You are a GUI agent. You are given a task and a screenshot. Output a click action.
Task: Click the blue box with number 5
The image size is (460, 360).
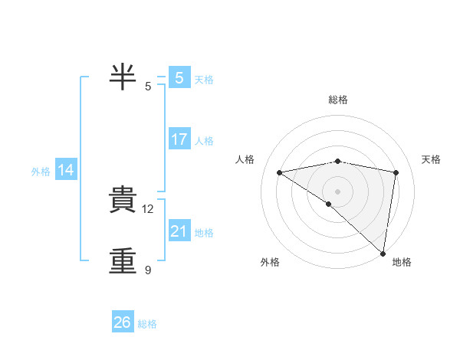pos(179,77)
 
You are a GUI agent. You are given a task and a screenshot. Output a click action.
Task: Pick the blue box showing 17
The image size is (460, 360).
pos(179,139)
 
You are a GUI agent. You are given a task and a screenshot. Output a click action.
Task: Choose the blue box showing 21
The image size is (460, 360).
pos(179,231)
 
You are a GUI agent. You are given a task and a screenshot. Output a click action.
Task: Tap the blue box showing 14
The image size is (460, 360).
pos(66,171)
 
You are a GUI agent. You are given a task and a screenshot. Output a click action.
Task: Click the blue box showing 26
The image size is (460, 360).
pos(123,322)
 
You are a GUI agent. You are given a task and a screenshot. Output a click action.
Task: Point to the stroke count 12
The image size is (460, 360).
pos(149,208)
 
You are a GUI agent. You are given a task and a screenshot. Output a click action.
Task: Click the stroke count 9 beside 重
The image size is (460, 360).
pos(148,270)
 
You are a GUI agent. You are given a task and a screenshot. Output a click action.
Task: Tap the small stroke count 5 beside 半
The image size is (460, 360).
pos(148,86)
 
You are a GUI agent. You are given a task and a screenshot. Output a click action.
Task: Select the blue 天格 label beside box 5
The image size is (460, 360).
pos(204,79)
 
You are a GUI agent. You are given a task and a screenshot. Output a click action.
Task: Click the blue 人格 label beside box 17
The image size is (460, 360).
pos(204,141)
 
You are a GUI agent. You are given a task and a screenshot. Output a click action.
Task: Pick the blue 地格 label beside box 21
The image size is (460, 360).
pos(204,233)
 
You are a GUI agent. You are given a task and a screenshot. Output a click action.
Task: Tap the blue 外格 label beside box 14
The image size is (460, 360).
pos(41,172)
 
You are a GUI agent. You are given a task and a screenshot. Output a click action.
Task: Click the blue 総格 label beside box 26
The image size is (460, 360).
pos(147,324)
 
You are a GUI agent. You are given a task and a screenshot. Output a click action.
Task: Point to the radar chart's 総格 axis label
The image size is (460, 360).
pos(337,100)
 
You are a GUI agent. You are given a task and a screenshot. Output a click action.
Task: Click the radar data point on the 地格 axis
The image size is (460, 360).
pos(383,253)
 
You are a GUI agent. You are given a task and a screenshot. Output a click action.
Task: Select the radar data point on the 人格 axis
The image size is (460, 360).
pos(279,172)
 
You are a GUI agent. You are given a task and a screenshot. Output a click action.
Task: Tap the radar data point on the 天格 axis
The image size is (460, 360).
pos(396,172)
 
